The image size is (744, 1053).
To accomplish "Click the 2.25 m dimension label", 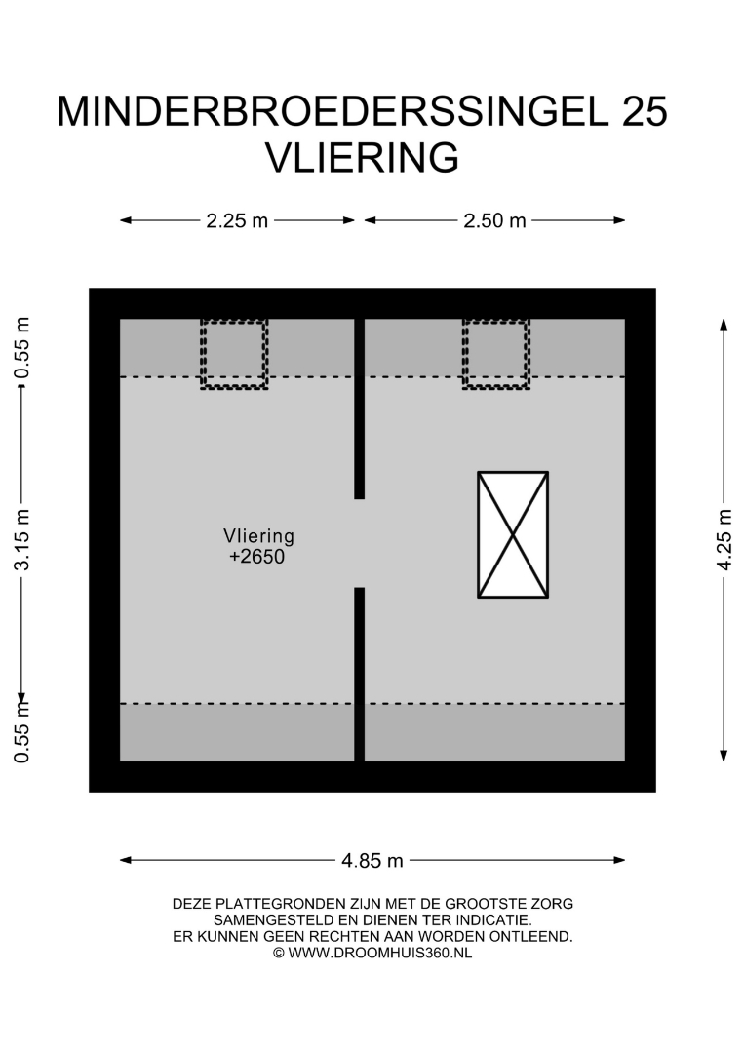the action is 237,220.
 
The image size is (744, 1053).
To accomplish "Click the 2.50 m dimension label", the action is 495,220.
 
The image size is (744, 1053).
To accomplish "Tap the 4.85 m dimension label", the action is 372,860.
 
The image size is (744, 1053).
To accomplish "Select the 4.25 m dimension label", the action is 724,540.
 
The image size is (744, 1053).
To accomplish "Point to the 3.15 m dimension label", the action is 22,540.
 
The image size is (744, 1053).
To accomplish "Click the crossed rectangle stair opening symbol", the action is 513,534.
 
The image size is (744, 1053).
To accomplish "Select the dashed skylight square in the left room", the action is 234,354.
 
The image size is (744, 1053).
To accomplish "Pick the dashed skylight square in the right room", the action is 496,354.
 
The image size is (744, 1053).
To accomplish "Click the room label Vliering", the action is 258,536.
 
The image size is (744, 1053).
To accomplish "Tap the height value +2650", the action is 257,557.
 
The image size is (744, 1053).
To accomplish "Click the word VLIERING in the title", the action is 363,158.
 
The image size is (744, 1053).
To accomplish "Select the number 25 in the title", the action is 645,111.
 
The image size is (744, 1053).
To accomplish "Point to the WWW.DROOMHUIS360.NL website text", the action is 380,953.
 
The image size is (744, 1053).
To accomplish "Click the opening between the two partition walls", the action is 359,543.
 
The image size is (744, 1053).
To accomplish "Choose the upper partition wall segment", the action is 359,409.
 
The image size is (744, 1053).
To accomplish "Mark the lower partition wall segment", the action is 359,675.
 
